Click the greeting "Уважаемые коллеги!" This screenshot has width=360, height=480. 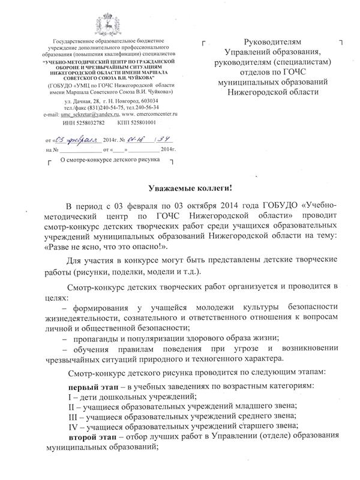180,188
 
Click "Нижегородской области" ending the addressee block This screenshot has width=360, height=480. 270,93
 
